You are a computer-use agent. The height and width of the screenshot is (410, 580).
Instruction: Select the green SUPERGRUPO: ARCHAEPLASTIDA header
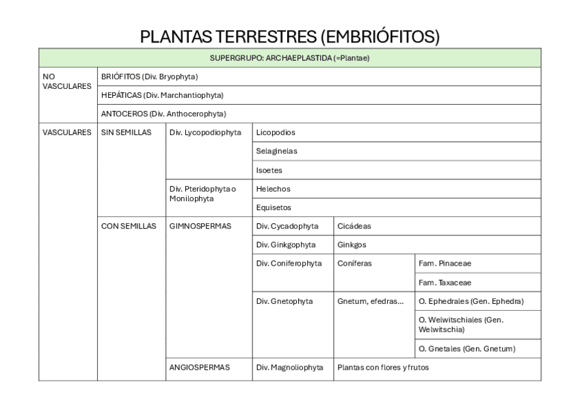tap(289, 58)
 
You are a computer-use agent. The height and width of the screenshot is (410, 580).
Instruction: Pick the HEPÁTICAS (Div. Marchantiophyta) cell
tap(162, 95)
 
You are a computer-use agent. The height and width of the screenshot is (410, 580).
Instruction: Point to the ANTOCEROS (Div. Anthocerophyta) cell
tap(163, 114)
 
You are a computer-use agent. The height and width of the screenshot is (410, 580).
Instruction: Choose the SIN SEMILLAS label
tap(126, 132)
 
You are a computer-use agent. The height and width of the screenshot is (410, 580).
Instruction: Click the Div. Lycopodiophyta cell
tap(205, 132)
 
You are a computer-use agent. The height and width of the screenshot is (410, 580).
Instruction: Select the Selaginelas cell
tap(276, 151)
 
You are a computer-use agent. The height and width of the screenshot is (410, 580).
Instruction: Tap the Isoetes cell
tap(269, 170)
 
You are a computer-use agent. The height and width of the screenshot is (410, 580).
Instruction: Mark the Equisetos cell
tap(273, 207)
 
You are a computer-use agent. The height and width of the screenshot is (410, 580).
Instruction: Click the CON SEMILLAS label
tap(129, 226)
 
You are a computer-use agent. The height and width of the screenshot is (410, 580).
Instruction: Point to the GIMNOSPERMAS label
tap(200, 226)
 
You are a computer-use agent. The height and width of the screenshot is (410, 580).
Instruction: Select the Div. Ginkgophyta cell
tap(286, 244)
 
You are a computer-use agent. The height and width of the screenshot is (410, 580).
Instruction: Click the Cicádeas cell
tap(354, 226)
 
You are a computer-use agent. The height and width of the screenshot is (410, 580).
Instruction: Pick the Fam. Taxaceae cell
tap(445, 282)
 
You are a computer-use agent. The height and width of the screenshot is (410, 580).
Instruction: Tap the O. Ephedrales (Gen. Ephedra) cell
tap(471, 301)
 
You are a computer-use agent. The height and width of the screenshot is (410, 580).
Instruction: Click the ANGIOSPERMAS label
tap(199, 368)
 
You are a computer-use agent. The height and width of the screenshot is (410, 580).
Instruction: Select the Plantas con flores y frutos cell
tap(383, 368)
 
